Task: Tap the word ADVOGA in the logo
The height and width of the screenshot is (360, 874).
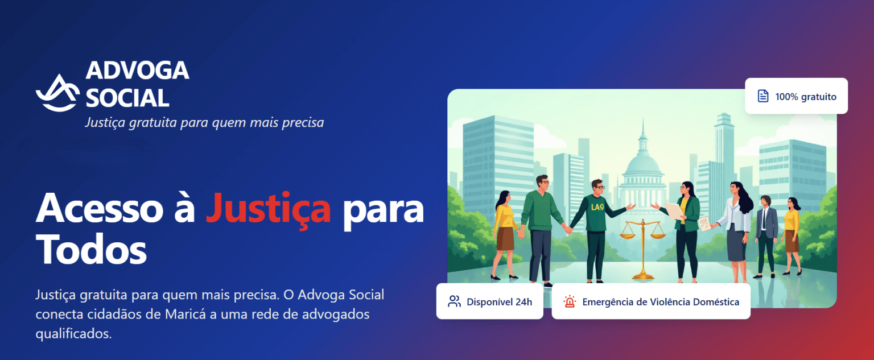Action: point(137,71)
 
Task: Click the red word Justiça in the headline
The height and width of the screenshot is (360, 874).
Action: point(268,209)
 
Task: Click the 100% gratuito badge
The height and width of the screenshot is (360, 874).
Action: point(796,96)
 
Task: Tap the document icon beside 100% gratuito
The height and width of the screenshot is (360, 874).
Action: point(763,96)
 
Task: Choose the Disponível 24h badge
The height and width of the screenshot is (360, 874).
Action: point(489,301)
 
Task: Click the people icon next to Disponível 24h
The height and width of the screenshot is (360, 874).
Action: point(454,301)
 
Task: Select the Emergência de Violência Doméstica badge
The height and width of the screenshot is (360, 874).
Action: point(650,301)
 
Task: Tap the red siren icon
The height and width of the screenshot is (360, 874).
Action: point(569,301)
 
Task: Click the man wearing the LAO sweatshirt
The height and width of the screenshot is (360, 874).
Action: point(597,227)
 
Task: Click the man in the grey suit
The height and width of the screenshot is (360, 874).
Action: point(766,236)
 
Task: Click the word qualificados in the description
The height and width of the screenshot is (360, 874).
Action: point(73,333)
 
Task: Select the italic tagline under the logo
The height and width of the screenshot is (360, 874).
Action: point(204,122)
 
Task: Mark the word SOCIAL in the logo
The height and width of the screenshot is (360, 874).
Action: point(127,98)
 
